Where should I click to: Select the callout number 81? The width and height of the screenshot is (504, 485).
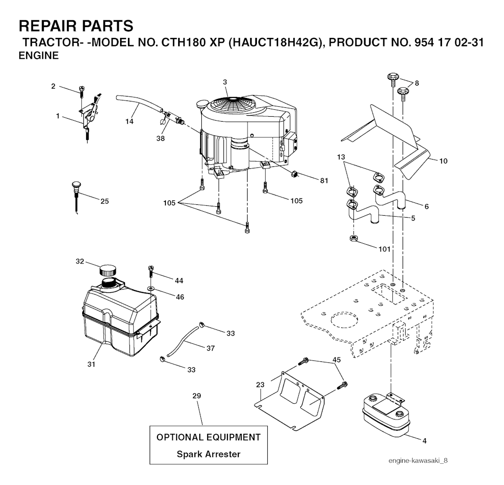[x=324, y=181]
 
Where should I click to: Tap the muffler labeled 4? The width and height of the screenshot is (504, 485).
[x=386, y=416]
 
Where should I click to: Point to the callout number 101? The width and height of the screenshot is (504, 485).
[x=384, y=249]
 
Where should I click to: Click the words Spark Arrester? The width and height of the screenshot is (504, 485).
[x=209, y=454]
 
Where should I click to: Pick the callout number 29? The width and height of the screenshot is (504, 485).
[x=197, y=395]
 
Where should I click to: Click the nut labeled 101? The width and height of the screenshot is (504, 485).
[x=353, y=239]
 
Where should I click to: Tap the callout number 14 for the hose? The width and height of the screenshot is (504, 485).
[x=129, y=121]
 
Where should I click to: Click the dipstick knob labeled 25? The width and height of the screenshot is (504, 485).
[x=76, y=187]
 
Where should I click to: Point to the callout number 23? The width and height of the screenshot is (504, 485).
[x=260, y=385]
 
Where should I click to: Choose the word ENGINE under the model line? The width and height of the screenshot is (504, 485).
[x=38, y=55]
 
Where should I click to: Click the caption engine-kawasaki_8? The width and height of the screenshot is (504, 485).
[x=418, y=460]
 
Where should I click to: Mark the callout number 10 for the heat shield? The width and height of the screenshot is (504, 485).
[x=443, y=161]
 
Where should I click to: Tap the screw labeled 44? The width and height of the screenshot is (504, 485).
[x=150, y=272]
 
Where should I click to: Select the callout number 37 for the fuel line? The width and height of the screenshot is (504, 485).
[x=211, y=348]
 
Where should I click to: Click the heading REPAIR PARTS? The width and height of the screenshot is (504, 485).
[x=76, y=26]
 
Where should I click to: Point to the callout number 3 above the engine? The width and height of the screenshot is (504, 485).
[x=225, y=82]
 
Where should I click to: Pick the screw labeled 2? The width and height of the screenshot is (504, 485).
[x=81, y=90]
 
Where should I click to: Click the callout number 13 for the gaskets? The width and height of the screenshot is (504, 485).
[x=341, y=157]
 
